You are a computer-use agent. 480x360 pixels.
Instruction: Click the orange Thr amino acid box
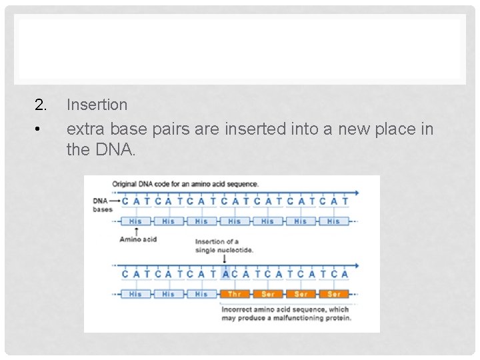point(235,294)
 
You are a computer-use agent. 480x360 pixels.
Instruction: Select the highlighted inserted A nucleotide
point(225,274)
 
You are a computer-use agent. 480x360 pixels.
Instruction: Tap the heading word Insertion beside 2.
point(97,105)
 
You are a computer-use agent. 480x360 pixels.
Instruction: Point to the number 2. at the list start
point(41,105)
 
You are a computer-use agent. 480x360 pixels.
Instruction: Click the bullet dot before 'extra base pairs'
point(40,129)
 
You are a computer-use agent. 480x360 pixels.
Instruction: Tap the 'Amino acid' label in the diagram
point(138,239)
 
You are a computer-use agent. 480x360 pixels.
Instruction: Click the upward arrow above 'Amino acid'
point(137,231)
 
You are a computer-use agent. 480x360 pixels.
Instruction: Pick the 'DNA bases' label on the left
point(103,205)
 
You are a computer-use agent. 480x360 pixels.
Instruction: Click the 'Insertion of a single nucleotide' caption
point(223,246)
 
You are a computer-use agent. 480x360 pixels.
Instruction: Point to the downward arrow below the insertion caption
point(225,259)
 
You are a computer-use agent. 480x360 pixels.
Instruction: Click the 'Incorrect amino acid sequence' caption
point(285,313)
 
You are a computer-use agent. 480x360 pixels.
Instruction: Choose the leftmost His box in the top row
point(135,221)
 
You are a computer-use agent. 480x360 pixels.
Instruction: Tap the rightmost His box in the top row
point(333,221)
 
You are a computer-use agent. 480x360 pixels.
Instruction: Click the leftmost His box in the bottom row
point(135,294)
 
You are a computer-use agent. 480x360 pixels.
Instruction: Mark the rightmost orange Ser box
point(333,294)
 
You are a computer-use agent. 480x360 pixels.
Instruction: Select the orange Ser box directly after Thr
point(268,294)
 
